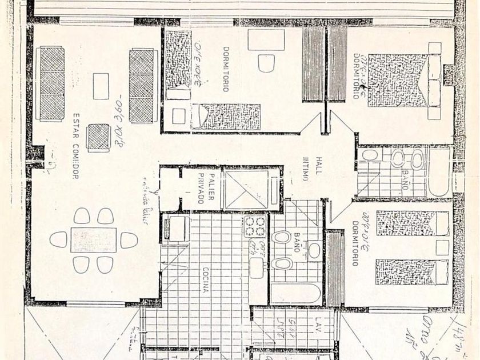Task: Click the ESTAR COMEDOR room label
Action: coord(75,146)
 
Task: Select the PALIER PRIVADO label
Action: coord(206,189)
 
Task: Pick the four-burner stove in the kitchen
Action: coord(255,227)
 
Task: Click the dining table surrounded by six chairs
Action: coord(93,240)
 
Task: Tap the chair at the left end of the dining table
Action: coord(58,240)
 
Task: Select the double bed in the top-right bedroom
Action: coord(397,81)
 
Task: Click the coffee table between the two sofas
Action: coord(101,86)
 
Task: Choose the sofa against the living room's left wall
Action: coord(51,83)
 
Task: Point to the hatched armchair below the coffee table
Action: coord(98,137)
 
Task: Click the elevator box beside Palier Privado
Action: coord(252,189)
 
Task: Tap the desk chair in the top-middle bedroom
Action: coord(266,62)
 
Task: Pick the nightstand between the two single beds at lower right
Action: coord(442,247)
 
